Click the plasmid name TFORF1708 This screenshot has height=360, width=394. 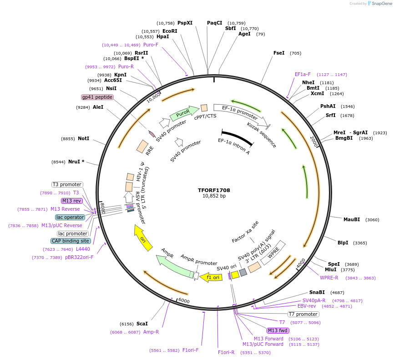[x=214, y=190]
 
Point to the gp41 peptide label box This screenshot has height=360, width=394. [x=97, y=97]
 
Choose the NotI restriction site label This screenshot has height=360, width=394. [x=83, y=138]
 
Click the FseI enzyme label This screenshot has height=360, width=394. [x=279, y=53]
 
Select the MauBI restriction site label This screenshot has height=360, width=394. [x=351, y=219]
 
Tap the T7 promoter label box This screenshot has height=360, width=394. [x=303, y=314]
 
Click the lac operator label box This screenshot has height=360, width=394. [x=70, y=217]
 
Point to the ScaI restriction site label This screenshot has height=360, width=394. [x=142, y=324]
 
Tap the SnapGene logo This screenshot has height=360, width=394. [x=380, y=3]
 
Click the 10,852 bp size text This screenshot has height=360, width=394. [x=214, y=196]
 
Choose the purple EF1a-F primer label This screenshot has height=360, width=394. [x=303, y=74]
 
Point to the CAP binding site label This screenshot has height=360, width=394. [x=71, y=241]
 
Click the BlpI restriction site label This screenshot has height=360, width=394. [x=343, y=243]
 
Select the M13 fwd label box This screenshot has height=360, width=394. [x=278, y=330]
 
